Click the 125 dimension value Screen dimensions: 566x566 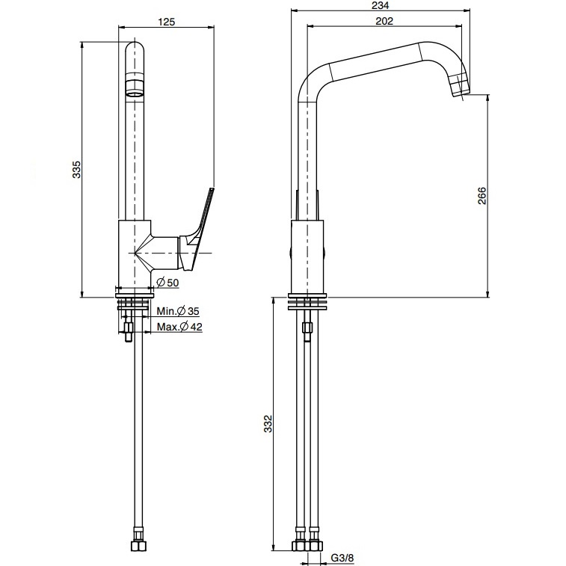pos(167,22)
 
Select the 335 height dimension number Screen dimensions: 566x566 pos(76,170)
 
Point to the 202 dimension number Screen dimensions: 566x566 pos(385,22)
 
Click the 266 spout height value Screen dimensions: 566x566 pos(482,195)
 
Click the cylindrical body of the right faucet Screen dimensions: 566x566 pos(307,254)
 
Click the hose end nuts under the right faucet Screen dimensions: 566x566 pos(307,544)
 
